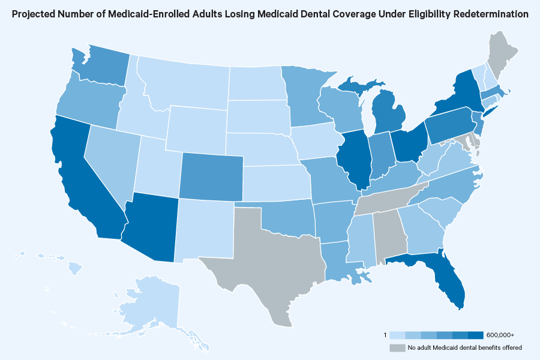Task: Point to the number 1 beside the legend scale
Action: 385,334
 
